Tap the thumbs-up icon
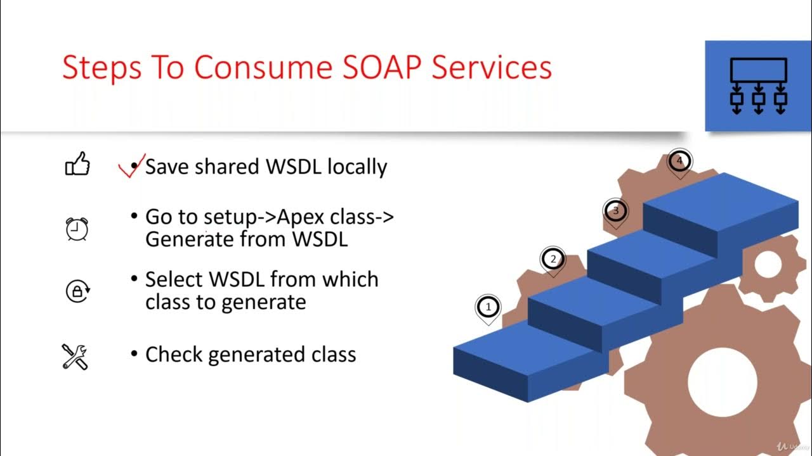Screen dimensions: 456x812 point(77,166)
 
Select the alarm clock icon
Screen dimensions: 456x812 point(77,229)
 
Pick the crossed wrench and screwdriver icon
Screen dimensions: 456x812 point(75,356)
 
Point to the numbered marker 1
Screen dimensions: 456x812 point(488,307)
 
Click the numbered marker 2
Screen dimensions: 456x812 point(553,258)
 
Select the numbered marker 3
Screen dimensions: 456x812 point(615,210)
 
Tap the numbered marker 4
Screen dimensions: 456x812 point(679,161)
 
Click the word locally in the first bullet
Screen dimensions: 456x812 point(357,167)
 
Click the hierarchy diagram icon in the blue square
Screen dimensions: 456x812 point(758,86)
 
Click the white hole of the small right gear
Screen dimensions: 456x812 point(768,265)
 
